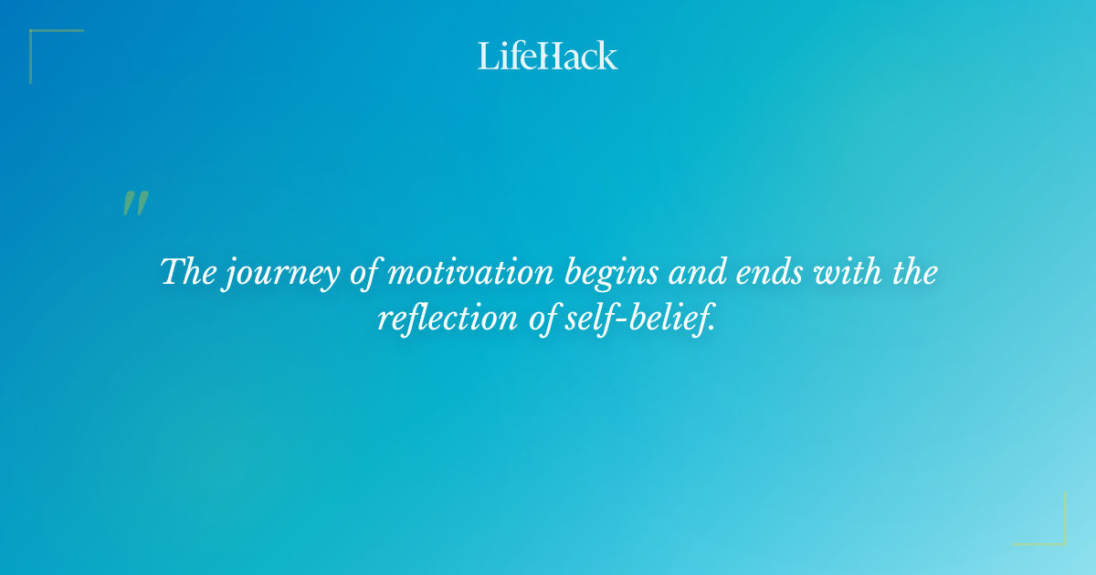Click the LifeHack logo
point(548,56)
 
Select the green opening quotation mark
point(134,204)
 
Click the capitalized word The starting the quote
point(187,272)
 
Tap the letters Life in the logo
point(507,56)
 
